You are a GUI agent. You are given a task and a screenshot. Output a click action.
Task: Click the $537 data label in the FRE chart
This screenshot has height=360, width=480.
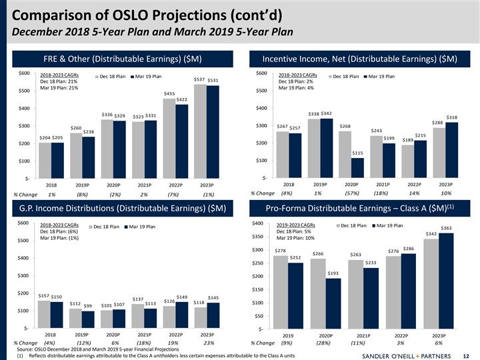coord(199,79)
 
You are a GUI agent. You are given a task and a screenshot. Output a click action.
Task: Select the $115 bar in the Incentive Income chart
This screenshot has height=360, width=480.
coord(357,167)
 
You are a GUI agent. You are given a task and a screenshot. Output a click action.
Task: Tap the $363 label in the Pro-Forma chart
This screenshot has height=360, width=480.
coord(446,228)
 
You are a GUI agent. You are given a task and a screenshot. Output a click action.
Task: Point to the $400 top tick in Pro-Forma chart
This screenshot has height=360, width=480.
coord(258,223)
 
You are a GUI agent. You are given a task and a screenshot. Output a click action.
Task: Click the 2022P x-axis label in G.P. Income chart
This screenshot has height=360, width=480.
coord(176,334)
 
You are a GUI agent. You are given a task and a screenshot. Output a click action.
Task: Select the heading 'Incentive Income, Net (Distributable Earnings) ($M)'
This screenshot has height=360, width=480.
coord(359,59)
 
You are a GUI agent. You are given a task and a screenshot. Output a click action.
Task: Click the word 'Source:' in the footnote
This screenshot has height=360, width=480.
coord(25,349)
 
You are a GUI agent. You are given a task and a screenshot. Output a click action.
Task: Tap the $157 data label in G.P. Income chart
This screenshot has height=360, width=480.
coord(45,295)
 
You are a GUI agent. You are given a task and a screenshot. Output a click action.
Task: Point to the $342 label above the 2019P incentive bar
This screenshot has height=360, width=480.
coord(326,113)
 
